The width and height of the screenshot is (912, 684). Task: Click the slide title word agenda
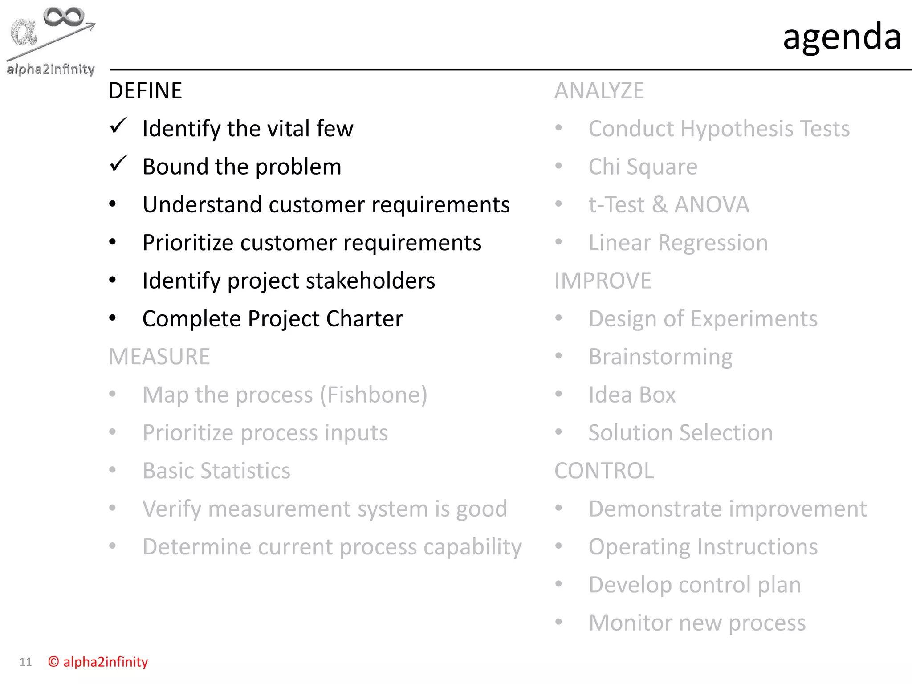point(842,37)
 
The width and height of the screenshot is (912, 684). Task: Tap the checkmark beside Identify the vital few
point(118,126)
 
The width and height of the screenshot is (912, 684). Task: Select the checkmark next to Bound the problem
point(118,164)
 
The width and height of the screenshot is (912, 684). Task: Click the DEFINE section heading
point(145,91)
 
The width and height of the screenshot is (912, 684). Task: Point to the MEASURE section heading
point(159,357)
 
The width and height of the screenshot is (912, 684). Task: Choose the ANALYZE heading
point(599,91)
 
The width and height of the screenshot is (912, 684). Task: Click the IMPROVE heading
point(603,281)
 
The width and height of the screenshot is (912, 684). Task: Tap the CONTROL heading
point(604,471)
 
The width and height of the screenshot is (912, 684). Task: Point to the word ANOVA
point(712,205)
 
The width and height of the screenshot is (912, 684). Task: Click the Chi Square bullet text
point(643,167)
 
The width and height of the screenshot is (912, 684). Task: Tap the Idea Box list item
point(631,395)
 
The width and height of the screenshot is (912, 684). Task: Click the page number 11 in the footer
point(26,662)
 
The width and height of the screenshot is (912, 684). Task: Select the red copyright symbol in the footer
point(53,662)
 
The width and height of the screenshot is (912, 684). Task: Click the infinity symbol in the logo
point(63,17)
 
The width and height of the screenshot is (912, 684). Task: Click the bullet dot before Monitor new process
point(558,622)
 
